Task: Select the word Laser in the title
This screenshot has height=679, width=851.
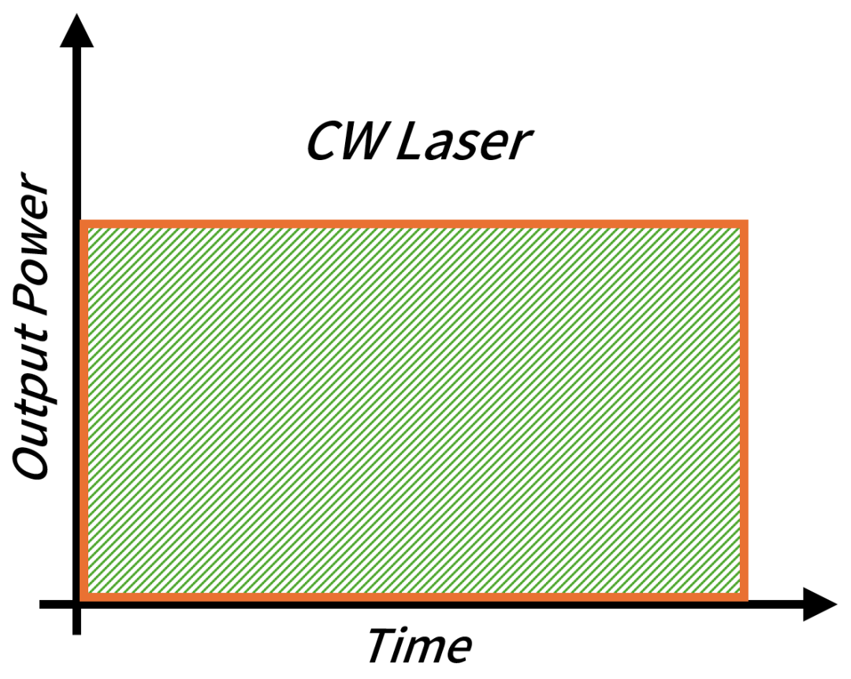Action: pyautogui.click(x=465, y=141)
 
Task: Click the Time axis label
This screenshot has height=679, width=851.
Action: pyautogui.click(x=420, y=645)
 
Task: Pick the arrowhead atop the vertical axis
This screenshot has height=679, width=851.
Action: pyautogui.click(x=76, y=31)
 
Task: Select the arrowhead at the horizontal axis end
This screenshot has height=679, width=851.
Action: pyautogui.click(x=819, y=604)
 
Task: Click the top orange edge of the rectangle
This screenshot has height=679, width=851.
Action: pyautogui.click(x=414, y=224)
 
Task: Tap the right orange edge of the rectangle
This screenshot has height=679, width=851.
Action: pyautogui.click(x=744, y=411)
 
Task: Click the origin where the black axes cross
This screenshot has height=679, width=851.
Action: pyautogui.click(x=76, y=604)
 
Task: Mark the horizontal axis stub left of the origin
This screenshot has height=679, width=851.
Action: pyautogui.click(x=56, y=604)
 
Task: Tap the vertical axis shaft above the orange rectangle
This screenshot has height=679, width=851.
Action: pyautogui.click(x=76, y=133)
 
